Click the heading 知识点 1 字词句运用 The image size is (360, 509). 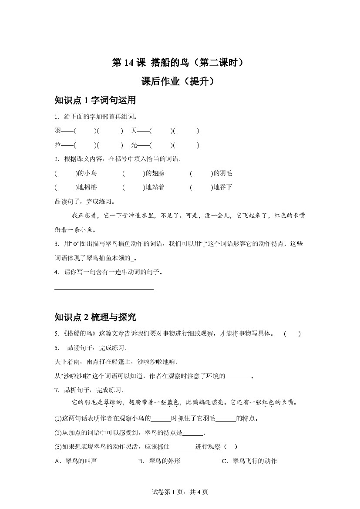(95, 101)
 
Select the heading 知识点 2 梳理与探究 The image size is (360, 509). (95, 317)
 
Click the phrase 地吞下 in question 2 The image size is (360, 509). (222, 188)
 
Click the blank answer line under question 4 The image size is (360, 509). (104, 288)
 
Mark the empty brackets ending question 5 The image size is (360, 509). (292, 334)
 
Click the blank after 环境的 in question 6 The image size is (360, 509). (238, 376)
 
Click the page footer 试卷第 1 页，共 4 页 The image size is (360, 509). (180, 492)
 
